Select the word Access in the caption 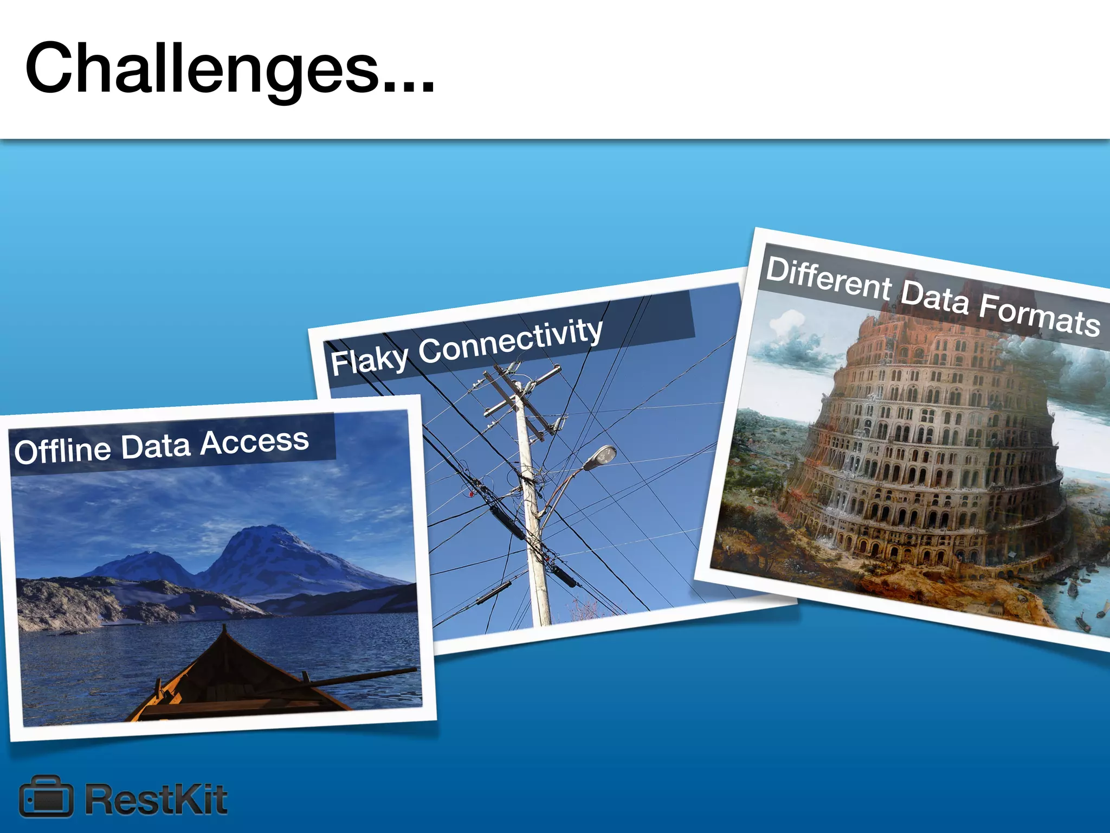[254, 441]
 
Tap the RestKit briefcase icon [46, 796]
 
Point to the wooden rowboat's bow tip [223, 629]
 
